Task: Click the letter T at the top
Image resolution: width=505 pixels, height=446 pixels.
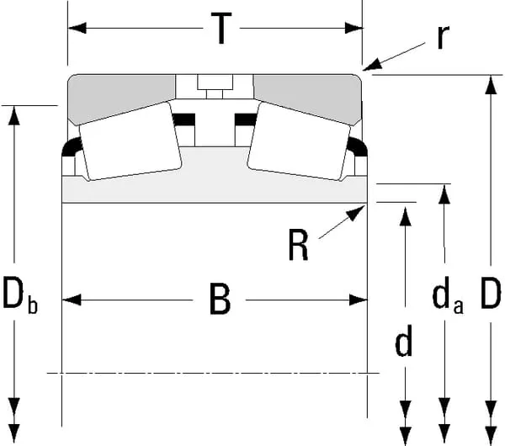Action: [x=221, y=29]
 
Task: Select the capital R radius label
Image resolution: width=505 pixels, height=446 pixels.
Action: [x=298, y=245]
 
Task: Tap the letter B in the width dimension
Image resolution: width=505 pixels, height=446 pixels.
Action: [x=219, y=300]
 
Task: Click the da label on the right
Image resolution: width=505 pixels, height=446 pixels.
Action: [x=447, y=296]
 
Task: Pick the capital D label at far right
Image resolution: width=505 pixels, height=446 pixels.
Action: [x=490, y=294]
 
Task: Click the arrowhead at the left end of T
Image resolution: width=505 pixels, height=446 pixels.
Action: [x=74, y=29]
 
